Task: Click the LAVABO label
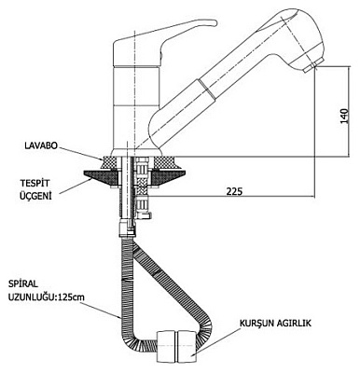[41, 145]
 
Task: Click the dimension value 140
[344, 116]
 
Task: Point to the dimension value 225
[233, 191]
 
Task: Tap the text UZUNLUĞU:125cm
[47, 297]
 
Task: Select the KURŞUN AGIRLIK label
[275, 324]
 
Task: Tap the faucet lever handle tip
[214, 22]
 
